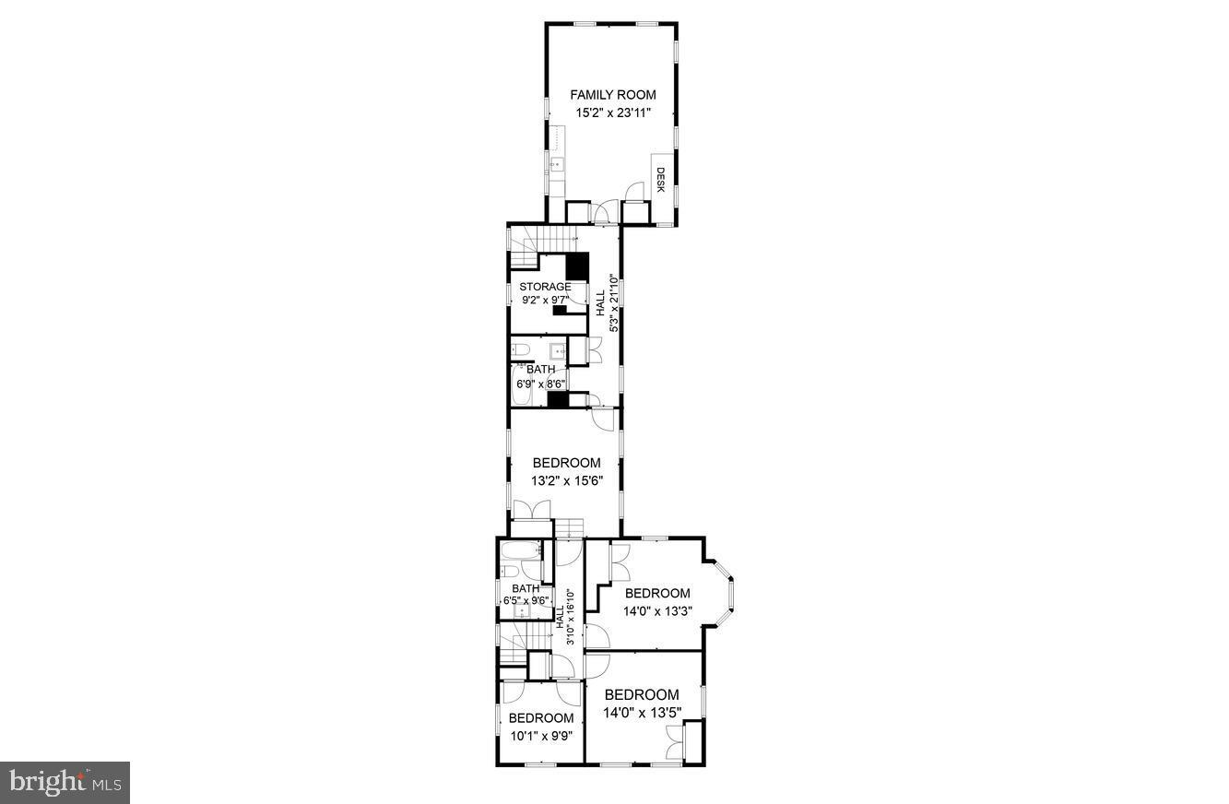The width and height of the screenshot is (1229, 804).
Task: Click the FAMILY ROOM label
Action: pos(612,94)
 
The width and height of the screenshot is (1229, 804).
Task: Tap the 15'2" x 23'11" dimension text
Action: pos(612,112)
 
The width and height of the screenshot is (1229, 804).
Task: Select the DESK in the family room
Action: pos(660,179)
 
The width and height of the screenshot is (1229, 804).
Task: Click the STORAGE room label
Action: pos(545,287)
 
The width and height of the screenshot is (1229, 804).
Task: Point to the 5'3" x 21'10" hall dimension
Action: pos(612,314)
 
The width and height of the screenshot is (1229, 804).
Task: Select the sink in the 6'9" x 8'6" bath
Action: pos(557,350)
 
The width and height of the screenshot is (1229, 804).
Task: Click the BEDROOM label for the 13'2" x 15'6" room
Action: pos(566,463)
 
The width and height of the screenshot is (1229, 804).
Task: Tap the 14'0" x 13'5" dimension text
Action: pos(642,713)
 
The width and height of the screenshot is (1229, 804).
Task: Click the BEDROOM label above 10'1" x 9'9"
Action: pos(540,718)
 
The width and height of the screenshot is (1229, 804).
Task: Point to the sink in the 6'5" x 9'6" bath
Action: pos(520,612)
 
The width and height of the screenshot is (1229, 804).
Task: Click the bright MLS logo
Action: pos(65,783)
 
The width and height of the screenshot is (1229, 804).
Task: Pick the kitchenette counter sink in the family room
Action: pos(557,166)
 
